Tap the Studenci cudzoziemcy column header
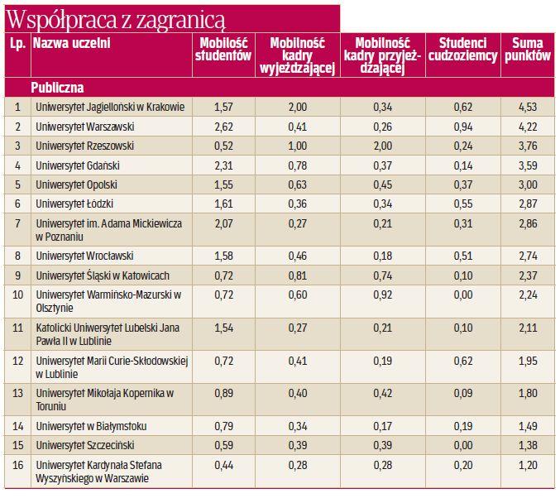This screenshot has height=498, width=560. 462,50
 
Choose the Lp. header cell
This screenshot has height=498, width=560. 17,43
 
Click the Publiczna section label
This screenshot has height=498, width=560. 58,87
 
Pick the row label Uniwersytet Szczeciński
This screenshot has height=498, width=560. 84,445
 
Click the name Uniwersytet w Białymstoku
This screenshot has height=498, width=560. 91,426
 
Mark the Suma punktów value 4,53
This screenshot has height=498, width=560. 527,107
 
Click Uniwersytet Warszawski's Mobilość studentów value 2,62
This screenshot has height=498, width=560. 224,127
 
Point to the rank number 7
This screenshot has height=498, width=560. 17,223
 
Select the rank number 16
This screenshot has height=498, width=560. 17,464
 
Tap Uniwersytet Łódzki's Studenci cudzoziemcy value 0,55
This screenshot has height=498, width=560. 462,203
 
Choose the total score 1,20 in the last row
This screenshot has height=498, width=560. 527,464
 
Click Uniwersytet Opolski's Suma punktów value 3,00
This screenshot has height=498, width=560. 527,184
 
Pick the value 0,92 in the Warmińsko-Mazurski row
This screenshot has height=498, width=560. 383,295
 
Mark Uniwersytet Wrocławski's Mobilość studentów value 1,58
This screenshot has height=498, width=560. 224,256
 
